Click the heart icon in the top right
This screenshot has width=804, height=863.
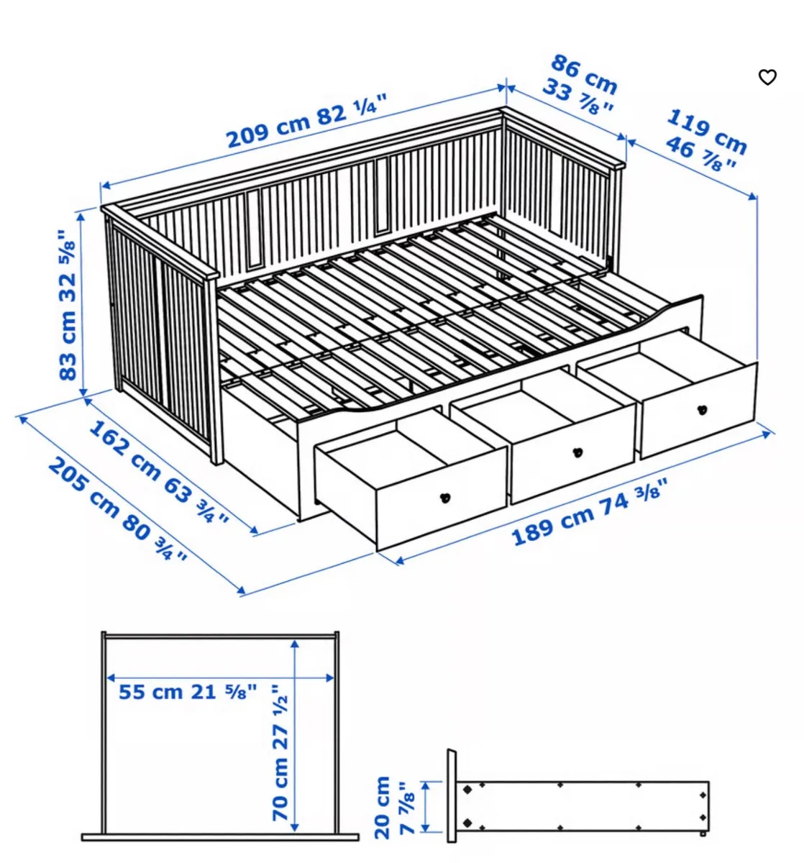tap(767, 77)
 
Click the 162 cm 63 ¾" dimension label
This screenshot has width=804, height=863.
tap(157, 470)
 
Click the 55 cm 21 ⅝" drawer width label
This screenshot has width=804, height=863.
tap(186, 692)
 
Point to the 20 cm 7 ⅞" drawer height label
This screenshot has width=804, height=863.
tap(393, 807)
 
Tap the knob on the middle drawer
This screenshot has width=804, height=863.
tap(576, 452)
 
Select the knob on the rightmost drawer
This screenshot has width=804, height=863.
tap(703, 410)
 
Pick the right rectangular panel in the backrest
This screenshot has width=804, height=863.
tap(380, 194)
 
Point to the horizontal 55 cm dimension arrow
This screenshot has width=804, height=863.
tap(219, 677)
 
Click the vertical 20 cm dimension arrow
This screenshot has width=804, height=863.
tap(426, 807)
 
